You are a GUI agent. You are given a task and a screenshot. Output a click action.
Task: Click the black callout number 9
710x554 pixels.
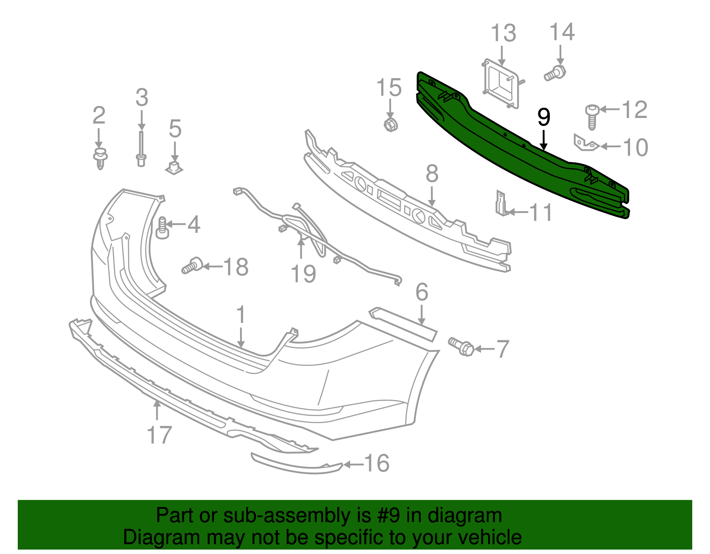(x=544, y=118)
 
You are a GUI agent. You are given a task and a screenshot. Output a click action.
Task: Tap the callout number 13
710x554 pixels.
(x=503, y=34)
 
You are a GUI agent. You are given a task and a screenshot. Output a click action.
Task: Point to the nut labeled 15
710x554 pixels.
(x=390, y=124)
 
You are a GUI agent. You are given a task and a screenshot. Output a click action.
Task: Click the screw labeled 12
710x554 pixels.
(x=592, y=116)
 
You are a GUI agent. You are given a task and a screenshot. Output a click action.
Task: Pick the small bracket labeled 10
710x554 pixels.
(x=585, y=143)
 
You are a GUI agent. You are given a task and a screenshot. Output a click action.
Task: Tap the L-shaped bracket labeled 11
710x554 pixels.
(x=501, y=204)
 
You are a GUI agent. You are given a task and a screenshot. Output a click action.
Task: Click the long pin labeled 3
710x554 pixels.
(x=141, y=149)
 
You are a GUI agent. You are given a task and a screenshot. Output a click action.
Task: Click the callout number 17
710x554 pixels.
(x=159, y=435)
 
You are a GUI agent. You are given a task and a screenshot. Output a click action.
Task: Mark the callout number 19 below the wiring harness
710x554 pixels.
(x=303, y=274)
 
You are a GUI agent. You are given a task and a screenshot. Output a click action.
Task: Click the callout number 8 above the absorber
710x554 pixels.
(x=431, y=174)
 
